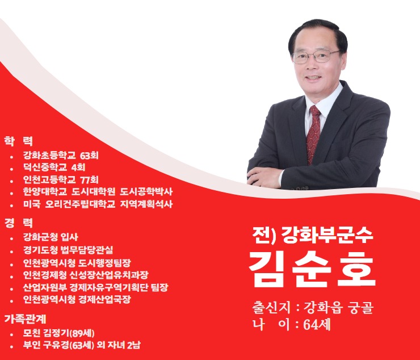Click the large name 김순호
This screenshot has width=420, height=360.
pyautogui.click(x=312, y=269)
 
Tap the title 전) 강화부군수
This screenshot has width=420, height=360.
pyautogui.click(x=312, y=235)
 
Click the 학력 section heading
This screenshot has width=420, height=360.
pyautogui.click(x=18, y=141)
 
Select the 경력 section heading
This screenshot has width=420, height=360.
pyautogui.click(x=18, y=223)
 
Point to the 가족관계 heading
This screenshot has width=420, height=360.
pyautogui.click(x=25, y=319)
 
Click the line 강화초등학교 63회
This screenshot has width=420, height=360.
pyautogui.click(x=61, y=155)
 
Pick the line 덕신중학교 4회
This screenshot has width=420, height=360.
pyautogui.click(x=54, y=168)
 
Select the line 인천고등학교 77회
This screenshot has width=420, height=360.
pyautogui.click(x=61, y=179)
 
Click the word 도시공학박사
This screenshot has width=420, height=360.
pyautogui.click(x=146, y=192)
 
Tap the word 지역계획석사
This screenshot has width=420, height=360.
pyautogui.click(x=146, y=204)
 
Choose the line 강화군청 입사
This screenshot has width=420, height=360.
pyautogui.click(x=51, y=237)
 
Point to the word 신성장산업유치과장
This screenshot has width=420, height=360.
pyautogui.click(x=109, y=275)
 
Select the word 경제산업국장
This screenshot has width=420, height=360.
pyautogui.click(x=105, y=299)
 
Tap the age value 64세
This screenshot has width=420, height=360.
pyautogui.click(x=317, y=325)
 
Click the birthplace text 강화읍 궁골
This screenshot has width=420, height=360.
pyautogui.click(x=338, y=308)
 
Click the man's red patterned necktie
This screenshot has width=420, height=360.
pyautogui.click(x=313, y=134)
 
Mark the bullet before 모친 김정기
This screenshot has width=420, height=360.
pyautogui.click(x=11, y=334)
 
